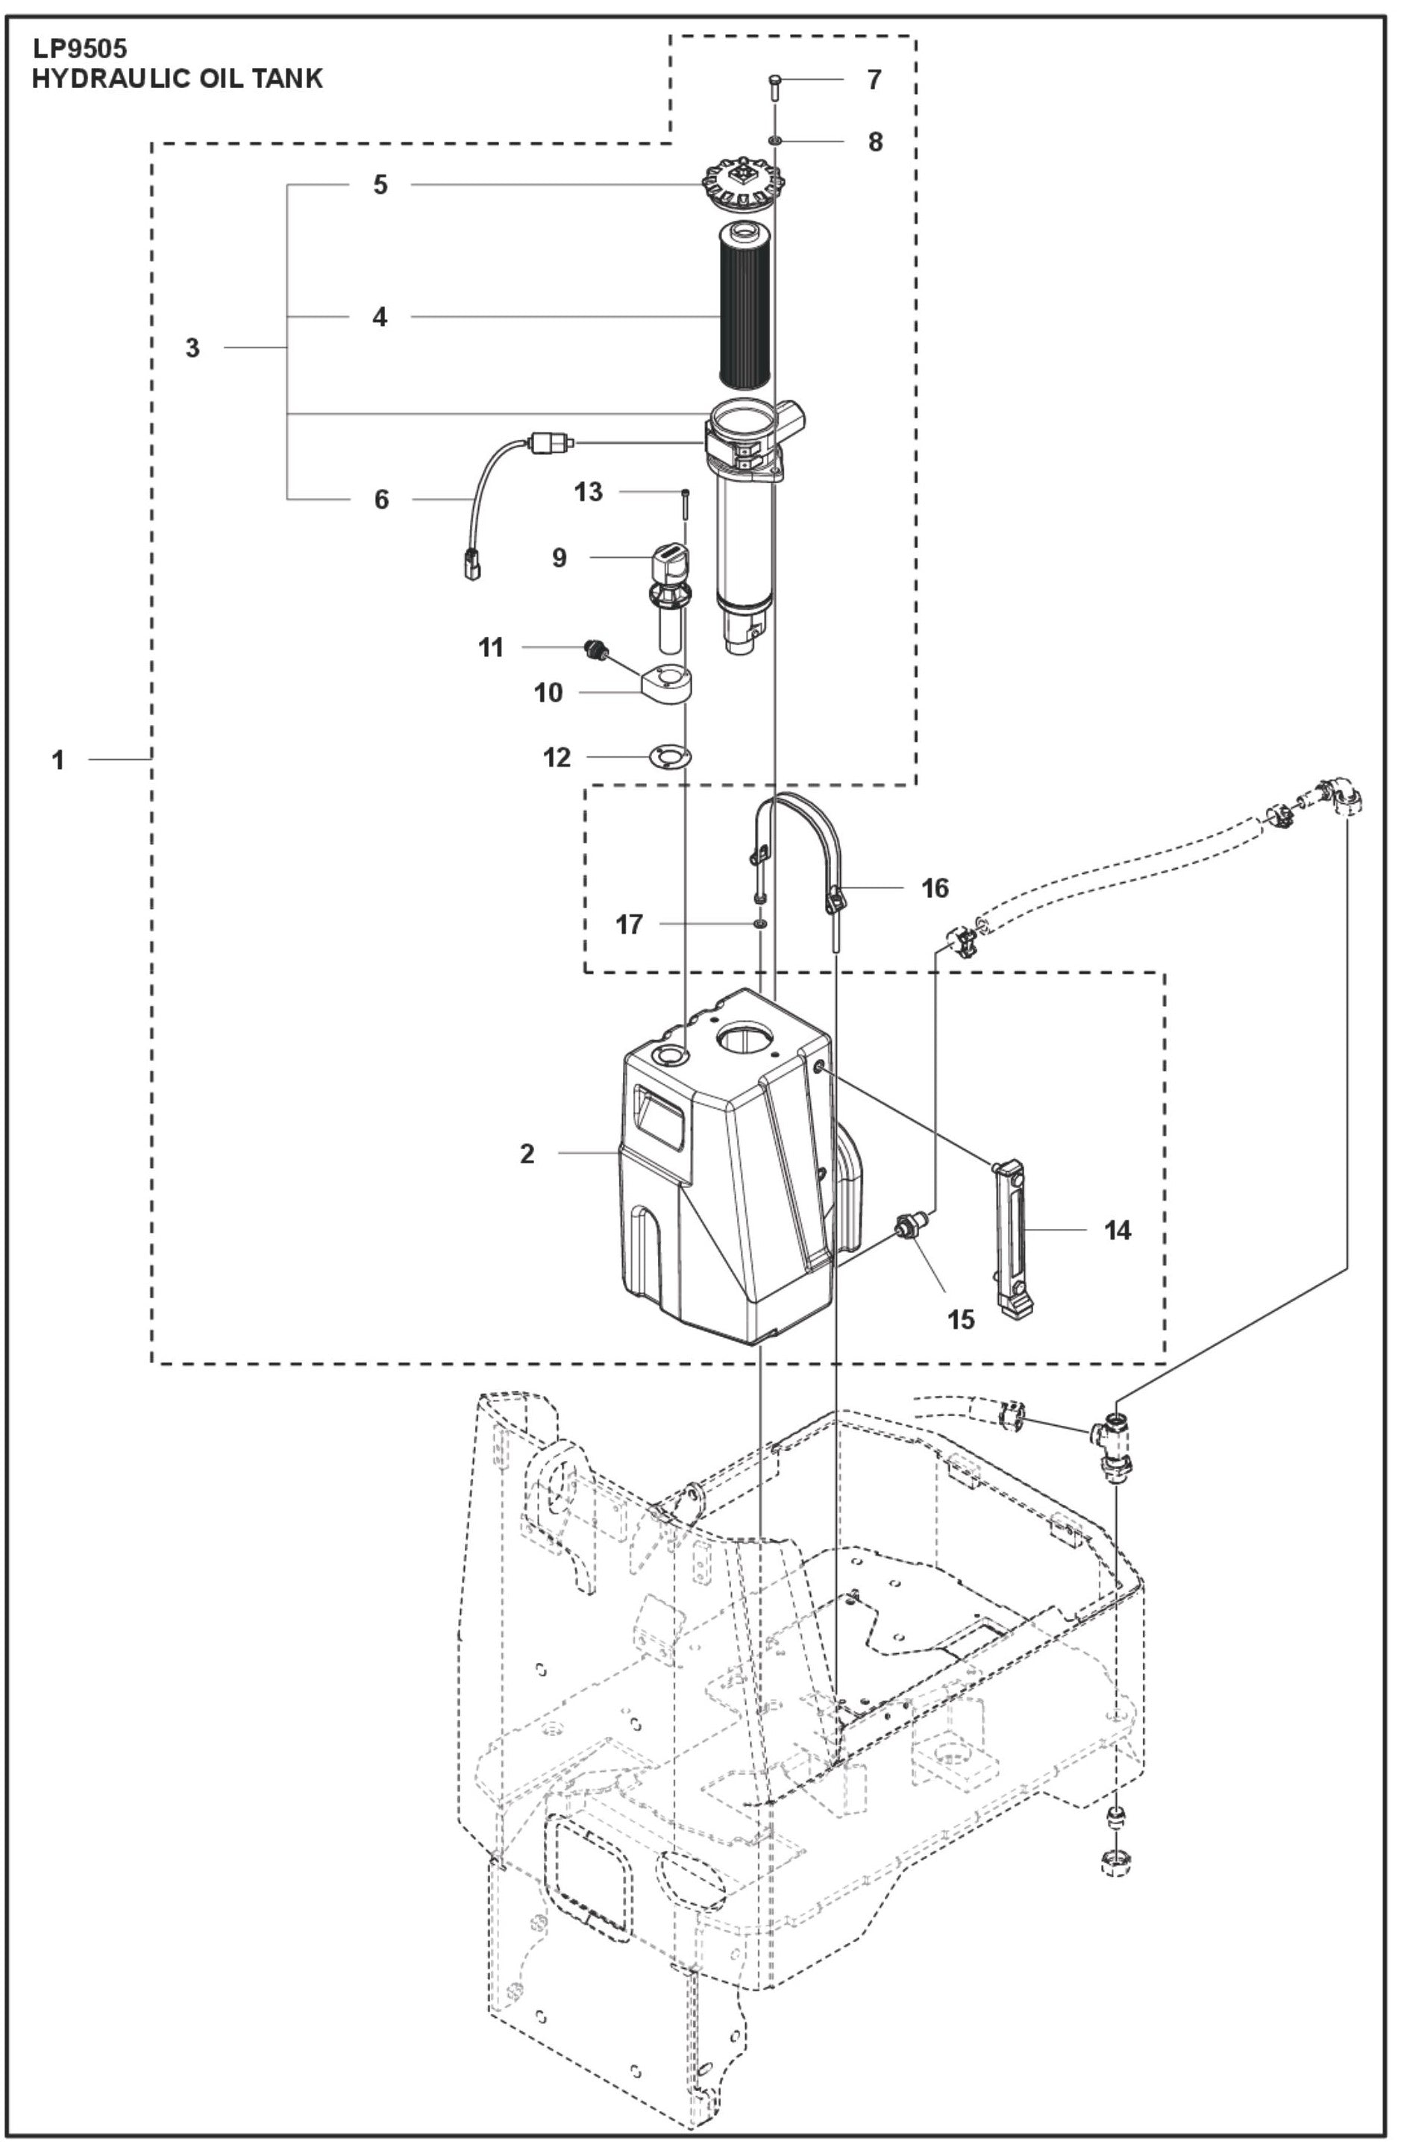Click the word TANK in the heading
click(x=282, y=79)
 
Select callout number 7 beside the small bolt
click(x=874, y=81)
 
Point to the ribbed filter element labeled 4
click(x=745, y=302)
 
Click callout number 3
click(x=192, y=348)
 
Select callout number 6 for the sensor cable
click(x=381, y=499)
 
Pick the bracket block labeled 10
click(x=668, y=685)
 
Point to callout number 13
click(x=589, y=492)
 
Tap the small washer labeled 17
click(x=762, y=923)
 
